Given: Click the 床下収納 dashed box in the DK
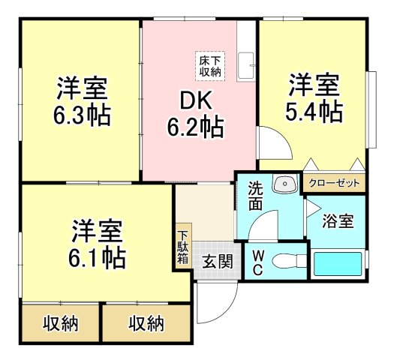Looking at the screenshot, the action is point(210,66).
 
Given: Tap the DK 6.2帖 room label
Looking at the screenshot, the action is point(195,114).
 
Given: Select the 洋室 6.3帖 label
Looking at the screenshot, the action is point(82,102).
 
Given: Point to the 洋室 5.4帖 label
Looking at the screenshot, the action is point(314,98).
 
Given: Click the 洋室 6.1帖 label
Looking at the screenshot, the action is point(97,244).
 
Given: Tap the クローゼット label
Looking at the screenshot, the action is point(334,183).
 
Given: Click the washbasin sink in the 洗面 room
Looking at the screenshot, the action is point(285,184).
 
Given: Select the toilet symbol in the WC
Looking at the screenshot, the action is point(290,262).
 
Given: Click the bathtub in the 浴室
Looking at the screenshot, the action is point(338,263).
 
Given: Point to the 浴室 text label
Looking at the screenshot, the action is point(338,221).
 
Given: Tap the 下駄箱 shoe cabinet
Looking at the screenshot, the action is point(184,247).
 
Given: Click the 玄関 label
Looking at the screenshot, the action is point(218,262).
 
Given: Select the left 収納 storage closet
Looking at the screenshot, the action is point(61,323).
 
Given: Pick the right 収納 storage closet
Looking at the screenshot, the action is point(146,323).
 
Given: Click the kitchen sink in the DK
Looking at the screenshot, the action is point(245,67).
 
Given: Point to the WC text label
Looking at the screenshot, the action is point(258,262).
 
